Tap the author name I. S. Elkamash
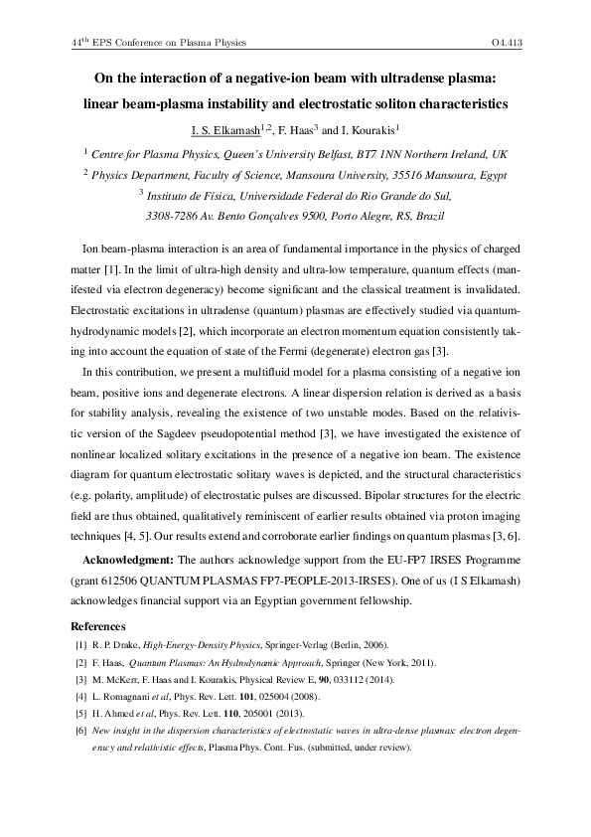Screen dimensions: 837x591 click(222, 129)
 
